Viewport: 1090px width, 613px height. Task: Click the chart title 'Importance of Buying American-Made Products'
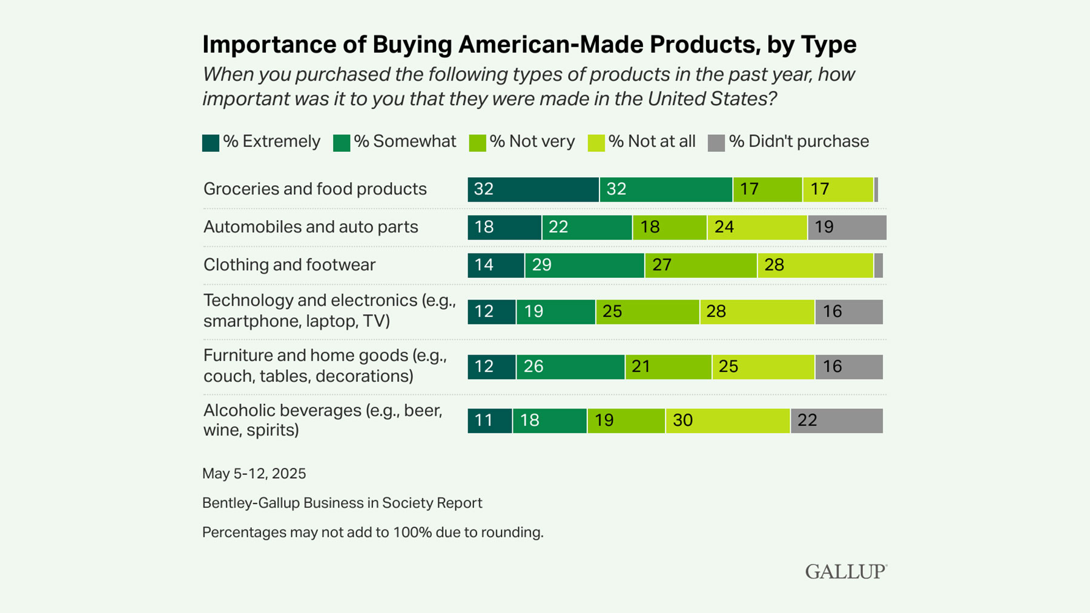[x=529, y=44]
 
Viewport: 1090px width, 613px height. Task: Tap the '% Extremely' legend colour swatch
[x=210, y=143]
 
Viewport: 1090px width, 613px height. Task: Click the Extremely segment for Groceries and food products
[x=533, y=189]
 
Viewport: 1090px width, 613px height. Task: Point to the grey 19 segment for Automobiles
[x=847, y=228]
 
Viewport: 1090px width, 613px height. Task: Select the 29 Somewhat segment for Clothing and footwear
[x=584, y=265]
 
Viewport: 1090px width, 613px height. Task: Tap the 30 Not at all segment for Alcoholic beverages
[x=727, y=421]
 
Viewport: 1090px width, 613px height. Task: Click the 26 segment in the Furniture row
[x=570, y=367]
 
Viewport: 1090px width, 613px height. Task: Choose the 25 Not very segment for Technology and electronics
[x=647, y=312]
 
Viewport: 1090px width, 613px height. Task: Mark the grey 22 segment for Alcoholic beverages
[x=836, y=421]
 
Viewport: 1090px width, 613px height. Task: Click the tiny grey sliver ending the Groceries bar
[x=876, y=189]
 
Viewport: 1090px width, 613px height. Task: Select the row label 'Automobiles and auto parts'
[x=311, y=227]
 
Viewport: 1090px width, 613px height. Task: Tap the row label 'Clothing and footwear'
[x=289, y=265]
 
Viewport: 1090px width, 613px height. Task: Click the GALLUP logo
[x=845, y=572]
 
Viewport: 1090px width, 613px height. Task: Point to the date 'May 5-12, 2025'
[x=254, y=473]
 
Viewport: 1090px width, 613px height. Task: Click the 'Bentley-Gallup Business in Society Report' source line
[x=342, y=503]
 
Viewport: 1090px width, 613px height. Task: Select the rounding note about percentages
[x=372, y=533]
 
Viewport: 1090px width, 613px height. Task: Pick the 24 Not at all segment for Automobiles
[x=757, y=228]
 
